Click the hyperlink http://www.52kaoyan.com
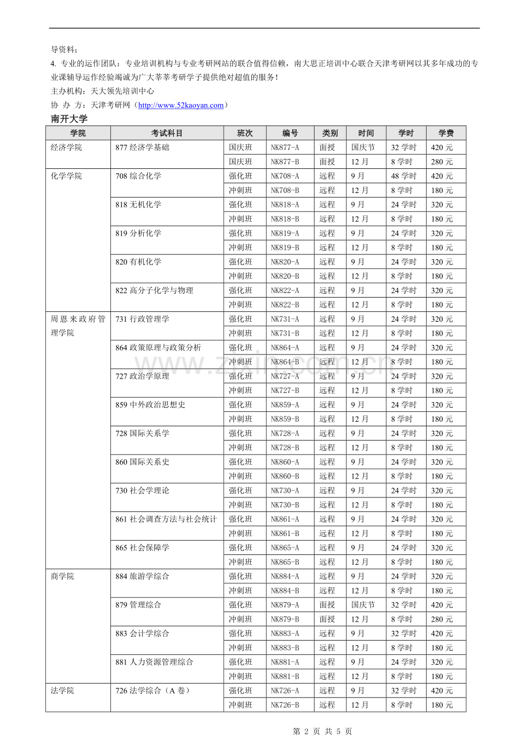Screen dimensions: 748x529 (x=181, y=105)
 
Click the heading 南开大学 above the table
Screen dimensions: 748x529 (x=69, y=119)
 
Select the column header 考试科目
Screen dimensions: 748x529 (x=167, y=133)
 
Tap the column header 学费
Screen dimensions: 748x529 (x=446, y=133)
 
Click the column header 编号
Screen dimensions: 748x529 (x=290, y=133)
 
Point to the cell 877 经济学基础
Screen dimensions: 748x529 (x=143, y=148)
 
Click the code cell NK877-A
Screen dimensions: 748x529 (x=285, y=148)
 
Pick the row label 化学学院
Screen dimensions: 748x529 (x=67, y=176)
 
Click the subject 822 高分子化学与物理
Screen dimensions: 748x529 (x=155, y=290)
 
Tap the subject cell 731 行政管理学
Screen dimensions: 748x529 (x=143, y=319)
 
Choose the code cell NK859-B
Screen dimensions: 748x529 (x=285, y=419)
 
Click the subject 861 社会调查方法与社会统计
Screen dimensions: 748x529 (x=166, y=519)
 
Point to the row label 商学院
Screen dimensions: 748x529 (x=63, y=576)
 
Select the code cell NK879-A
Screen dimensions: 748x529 (x=285, y=605)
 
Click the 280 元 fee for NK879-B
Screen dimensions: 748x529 (x=442, y=619)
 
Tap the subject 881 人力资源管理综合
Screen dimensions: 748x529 (x=155, y=662)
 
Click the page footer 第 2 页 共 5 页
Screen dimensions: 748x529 (x=323, y=731)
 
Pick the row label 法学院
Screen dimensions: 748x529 (x=63, y=691)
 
